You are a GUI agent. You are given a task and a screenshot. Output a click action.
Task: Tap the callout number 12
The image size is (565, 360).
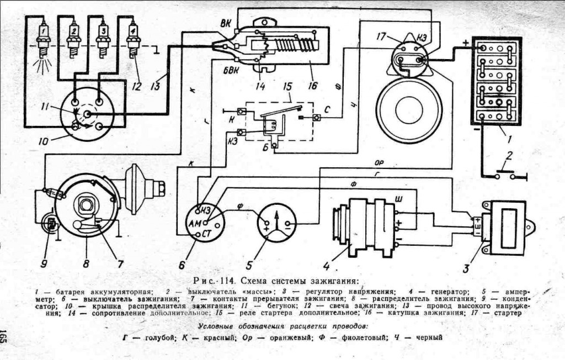[136, 86]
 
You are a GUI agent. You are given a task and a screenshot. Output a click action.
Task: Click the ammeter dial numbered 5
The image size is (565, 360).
[276, 223]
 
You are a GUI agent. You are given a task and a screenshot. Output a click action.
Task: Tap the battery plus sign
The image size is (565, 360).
[466, 42]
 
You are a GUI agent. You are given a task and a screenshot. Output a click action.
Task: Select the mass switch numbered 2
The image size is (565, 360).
[504, 176]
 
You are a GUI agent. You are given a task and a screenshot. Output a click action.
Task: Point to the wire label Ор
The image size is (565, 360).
[380, 164]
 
